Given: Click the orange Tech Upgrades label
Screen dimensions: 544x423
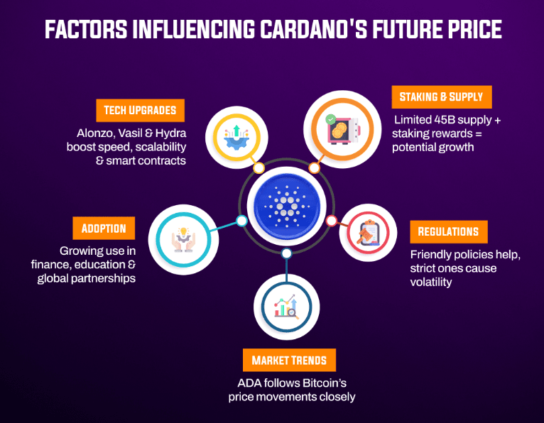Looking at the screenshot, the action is click(x=140, y=111).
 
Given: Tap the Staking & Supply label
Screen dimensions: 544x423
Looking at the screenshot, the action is click(x=441, y=97).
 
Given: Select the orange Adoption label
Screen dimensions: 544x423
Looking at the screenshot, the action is click(x=104, y=229).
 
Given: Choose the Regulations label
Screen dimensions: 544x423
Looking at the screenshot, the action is click(x=448, y=231).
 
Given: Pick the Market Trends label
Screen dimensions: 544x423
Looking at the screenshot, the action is click(x=289, y=360).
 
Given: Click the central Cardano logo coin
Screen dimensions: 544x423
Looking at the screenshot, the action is click(x=285, y=206).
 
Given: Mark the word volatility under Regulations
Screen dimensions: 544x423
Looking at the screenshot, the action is click(x=431, y=282).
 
